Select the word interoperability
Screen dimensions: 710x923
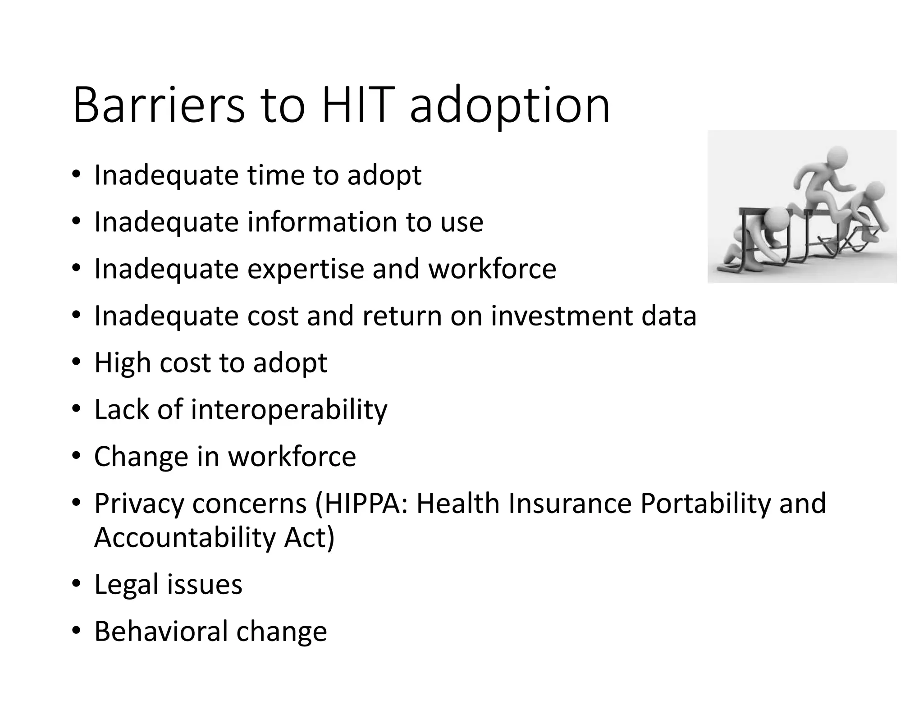[x=288, y=410]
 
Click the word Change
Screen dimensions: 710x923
[x=141, y=457]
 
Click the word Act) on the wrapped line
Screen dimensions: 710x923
[x=309, y=537]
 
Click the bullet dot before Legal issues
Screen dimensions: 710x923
[x=76, y=584]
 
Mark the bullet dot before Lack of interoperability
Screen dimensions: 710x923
[x=76, y=409]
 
